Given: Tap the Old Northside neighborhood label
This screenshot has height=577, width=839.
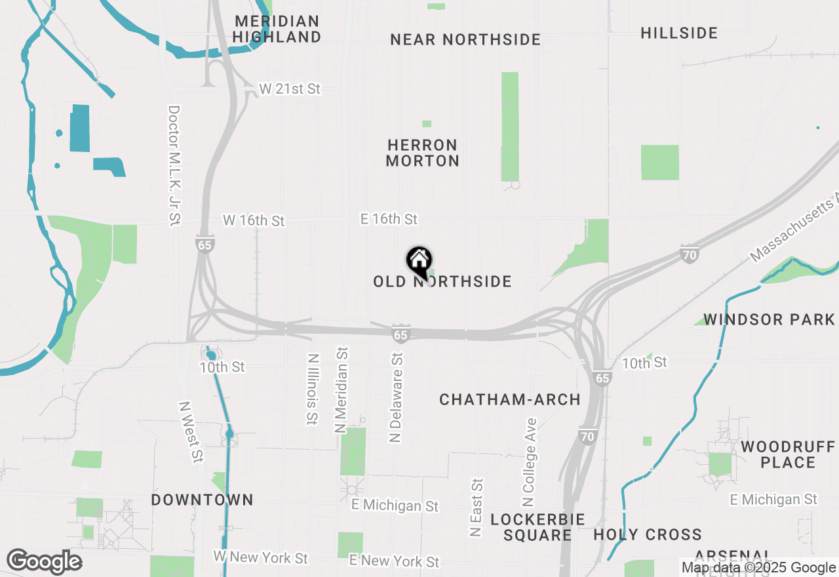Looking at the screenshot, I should coord(442,282).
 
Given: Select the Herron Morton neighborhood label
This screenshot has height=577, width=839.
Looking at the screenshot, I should coord(422,153).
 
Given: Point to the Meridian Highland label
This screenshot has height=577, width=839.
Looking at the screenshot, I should coord(277,30).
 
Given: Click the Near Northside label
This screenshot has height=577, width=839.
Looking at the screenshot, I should coord(465,40).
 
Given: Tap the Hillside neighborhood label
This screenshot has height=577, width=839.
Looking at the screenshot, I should coord(679,33).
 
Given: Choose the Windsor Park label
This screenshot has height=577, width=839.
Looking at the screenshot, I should coord(768,320).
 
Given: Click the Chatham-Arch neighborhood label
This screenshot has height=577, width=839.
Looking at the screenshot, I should coord(510,400).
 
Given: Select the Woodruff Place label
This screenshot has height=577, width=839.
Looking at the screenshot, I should coord(788,455).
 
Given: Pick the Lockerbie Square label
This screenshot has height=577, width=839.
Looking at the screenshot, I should coord(537,527).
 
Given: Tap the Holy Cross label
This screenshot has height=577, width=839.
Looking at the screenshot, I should coord(648,535).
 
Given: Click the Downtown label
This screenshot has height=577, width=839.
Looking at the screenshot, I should coord(202,500).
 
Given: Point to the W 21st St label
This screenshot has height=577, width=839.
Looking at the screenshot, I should coord(290,89).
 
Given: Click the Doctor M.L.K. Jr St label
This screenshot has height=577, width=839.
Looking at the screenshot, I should coord(174,166).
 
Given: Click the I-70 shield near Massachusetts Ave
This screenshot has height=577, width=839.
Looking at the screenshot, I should coord(689,254).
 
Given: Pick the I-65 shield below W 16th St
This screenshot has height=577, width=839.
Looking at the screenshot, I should coord(204,244).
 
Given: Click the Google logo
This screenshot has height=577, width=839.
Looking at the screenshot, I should coord(45,561).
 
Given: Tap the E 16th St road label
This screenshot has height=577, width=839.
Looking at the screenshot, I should coord(389,219).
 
